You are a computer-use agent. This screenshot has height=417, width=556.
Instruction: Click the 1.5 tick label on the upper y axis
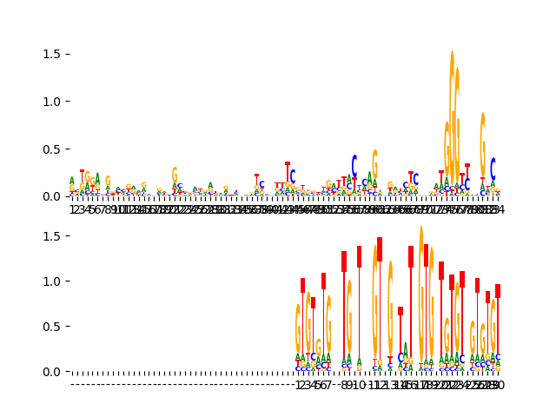(50, 54)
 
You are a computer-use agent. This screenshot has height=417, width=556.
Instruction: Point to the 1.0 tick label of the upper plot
(50, 101)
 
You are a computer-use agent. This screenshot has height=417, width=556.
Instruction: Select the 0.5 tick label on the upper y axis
(50, 149)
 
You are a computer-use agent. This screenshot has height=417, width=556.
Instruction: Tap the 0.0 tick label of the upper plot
(50, 195)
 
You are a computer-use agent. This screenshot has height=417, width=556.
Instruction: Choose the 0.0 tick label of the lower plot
(50, 372)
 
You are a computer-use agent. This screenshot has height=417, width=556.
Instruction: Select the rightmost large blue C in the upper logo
(493, 169)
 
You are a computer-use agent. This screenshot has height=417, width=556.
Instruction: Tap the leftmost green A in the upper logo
(71, 181)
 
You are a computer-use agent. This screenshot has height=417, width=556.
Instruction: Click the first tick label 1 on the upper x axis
(71, 209)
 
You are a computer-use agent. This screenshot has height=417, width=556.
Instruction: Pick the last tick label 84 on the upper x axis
(497, 209)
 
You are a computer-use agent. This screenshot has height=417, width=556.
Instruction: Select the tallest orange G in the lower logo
(421, 295)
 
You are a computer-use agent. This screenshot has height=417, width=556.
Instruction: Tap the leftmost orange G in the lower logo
(298, 328)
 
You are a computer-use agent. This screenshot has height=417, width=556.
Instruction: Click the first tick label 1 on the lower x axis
(298, 385)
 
